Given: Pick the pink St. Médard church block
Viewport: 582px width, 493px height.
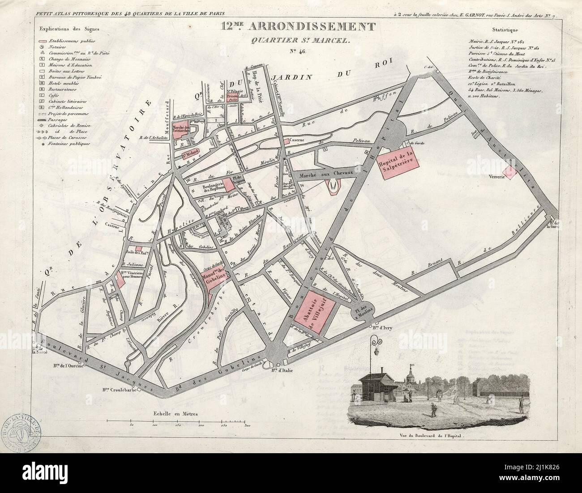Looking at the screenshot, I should click(x=190, y=156).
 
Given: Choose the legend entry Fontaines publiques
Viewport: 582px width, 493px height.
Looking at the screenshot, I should click(x=71, y=144).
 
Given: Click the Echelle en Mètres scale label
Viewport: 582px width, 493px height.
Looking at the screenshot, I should click(x=172, y=414).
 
